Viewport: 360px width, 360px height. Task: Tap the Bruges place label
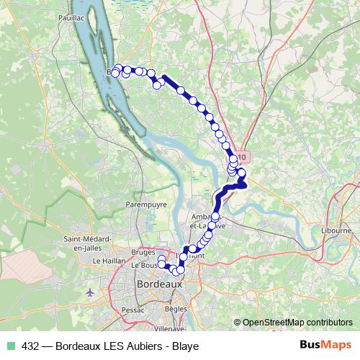click(144, 253)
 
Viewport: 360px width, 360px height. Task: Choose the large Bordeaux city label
click(159, 284)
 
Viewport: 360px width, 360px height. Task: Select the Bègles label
click(176, 308)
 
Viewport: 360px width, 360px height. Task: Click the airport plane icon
click(90, 294)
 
